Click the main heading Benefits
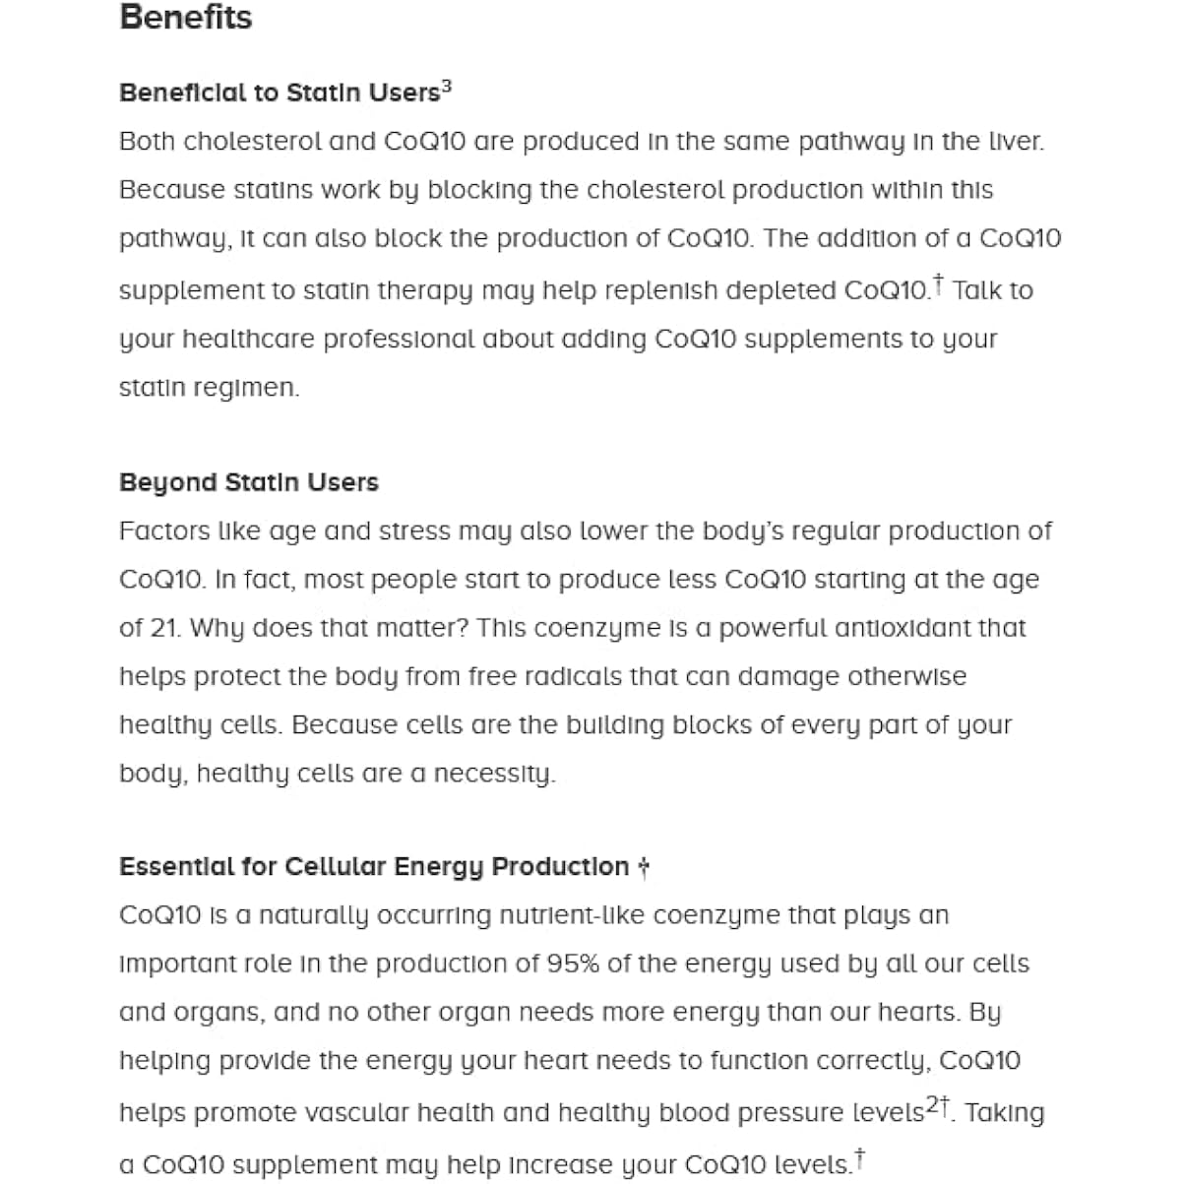tap(185, 18)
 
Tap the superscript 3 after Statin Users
tap(447, 87)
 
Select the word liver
tap(1015, 142)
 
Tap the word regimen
tap(257, 389)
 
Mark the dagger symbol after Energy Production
tap(643, 867)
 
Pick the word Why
tap(218, 628)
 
